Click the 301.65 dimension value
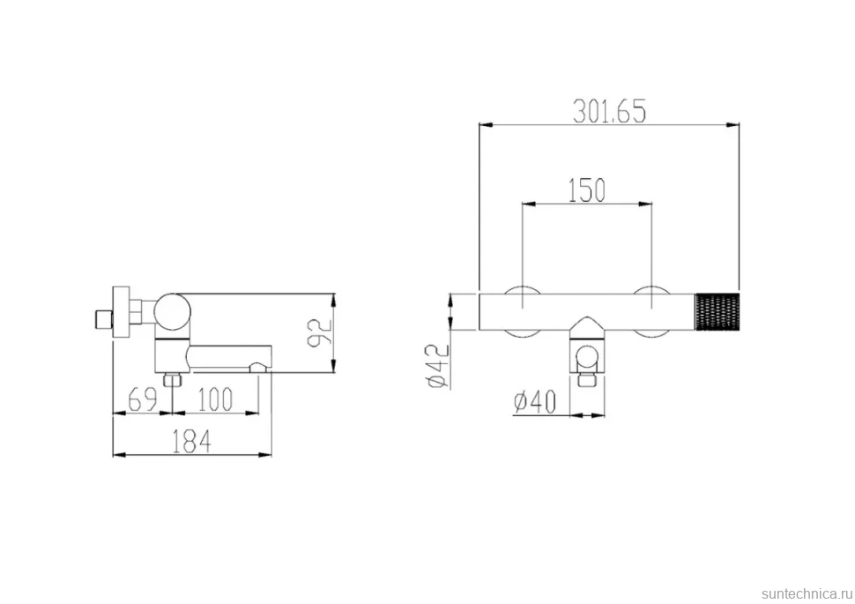point(609,111)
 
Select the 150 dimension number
point(587,190)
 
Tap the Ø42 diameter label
point(439,366)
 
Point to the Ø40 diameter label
point(535,402)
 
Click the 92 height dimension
point(320,332)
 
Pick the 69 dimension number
point(142,399)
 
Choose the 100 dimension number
point(215,399)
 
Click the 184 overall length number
point(191,441)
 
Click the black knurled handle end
point(717,311)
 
